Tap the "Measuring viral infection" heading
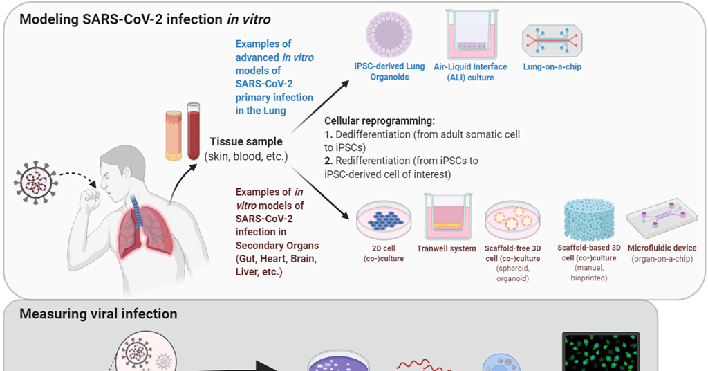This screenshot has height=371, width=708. tap(98, 314)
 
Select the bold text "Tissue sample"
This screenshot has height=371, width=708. tap(245, 142)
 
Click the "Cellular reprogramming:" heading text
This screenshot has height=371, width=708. tap(379, 120)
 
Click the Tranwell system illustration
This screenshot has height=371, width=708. tap(447, 215)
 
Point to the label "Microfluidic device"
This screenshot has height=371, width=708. tap(662, 248)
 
